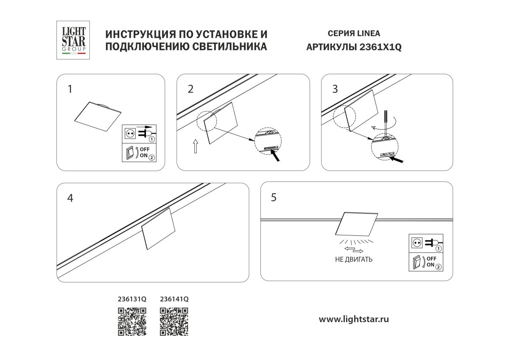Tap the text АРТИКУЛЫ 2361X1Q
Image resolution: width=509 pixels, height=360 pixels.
coord(354,47)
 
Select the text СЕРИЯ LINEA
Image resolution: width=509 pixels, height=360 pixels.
coord(354,33)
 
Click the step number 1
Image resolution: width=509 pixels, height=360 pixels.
coord(70,89)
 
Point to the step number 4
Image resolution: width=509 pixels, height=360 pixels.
coord(70,198)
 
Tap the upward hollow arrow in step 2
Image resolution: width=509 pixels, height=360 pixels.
coord(195,146)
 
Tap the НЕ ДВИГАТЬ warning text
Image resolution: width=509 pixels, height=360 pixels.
coord(353,260)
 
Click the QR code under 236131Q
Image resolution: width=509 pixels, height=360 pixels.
coord(132,322)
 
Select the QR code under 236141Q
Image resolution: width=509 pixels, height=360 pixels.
coord(174,322)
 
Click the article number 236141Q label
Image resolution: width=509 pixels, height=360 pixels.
coord(174,299)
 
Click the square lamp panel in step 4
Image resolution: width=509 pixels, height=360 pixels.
coord(159,229)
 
